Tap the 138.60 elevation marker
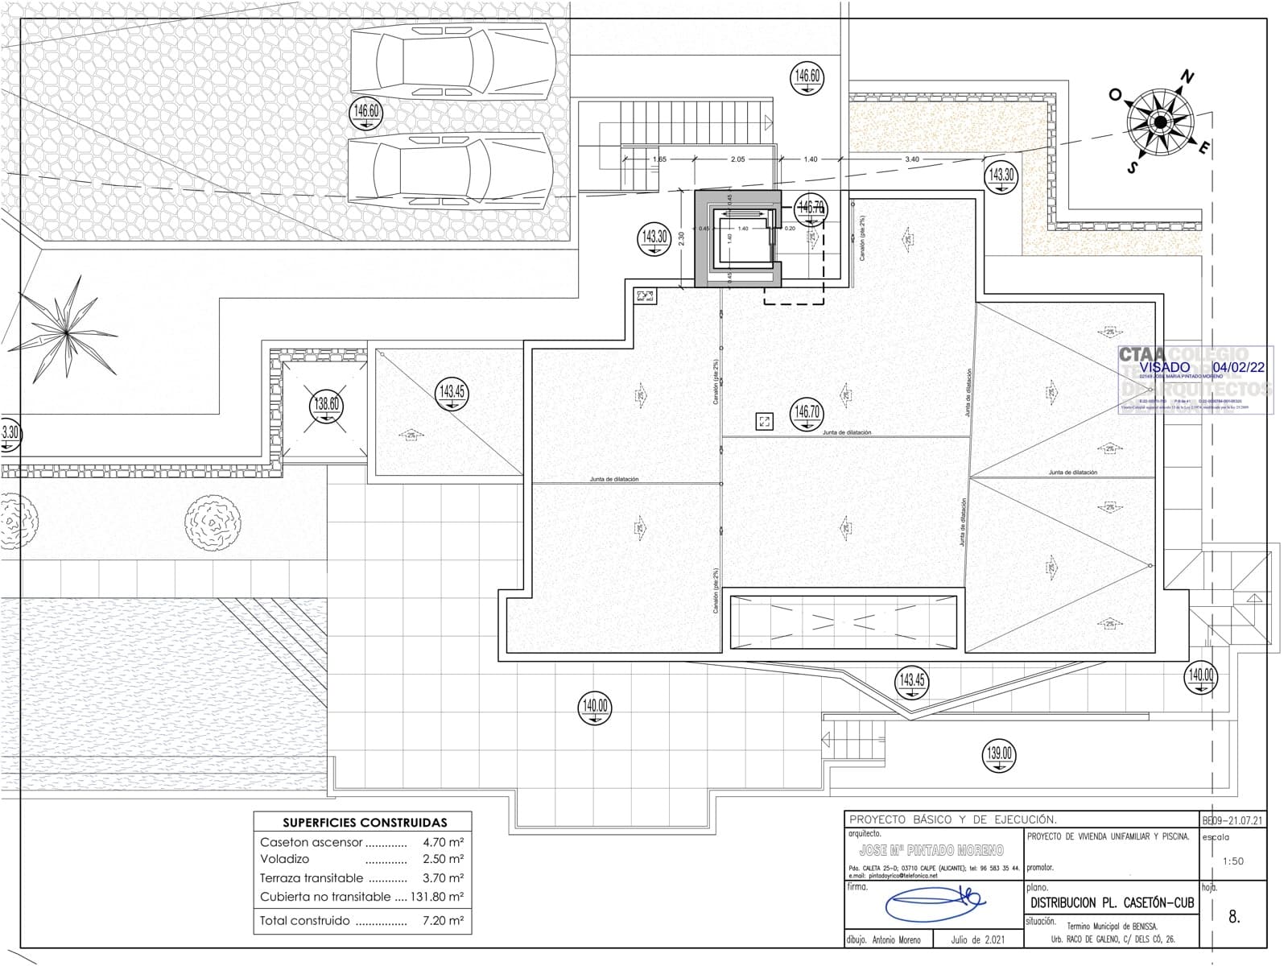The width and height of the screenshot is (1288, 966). pyautogui.click(x=327, y=404)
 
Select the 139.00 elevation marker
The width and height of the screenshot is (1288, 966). pyautogui.click(x=1000, y=755)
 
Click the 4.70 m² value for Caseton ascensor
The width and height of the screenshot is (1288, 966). pyautogui.click(x=443, y=842)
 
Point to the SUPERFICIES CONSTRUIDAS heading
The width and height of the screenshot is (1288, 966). pyautogui.click(x=365, y=823)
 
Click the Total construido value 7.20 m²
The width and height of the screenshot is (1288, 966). pyautogui.click(x=443, y=920)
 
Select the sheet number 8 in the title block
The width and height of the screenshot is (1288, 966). pyautogui.click(x=1234, y=916)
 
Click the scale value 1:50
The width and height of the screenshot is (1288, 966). pyautogui.click(x=1232, y=861)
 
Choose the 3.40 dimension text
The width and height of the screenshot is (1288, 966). pyautogui.click(x=911, y=159)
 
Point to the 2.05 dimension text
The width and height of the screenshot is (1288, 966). pyautogui.click(x=737, y=159)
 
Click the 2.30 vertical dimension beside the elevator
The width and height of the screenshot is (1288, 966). pyautogui.click(x=681, y=239)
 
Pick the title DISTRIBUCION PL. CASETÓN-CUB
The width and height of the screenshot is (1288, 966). pyautogui.click(x=1112, y=903)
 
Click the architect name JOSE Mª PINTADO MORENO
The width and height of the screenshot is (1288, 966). pyautogui.click(x=931, y=850)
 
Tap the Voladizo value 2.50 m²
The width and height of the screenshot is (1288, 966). pyautogui.click(x=443, y=859)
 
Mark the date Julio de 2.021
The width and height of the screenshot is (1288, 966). pyautogui.click(x=977, y=939)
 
